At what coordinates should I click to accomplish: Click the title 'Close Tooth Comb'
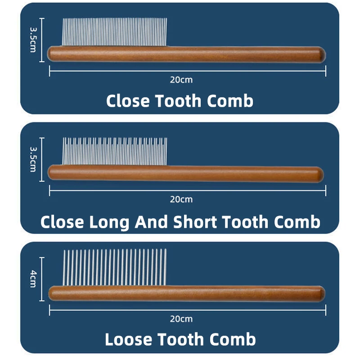[180, 101]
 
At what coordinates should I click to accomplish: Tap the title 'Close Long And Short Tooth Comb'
[180, 222]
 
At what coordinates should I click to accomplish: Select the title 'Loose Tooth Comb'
[180, 339]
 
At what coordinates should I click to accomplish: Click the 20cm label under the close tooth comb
[181, 80]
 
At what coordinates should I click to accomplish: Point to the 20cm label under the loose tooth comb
[181, 319]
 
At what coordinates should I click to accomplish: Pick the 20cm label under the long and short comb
[181, 199]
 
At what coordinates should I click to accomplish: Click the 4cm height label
[33, 279]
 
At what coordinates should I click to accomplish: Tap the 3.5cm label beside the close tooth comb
[33, 40]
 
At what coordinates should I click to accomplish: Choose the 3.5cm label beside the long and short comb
[33, 159]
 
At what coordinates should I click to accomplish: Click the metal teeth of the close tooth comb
[115, 32]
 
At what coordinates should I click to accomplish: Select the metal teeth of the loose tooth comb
[115, 267]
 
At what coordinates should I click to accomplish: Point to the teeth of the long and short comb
[115, 151]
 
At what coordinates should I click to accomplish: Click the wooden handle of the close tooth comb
[186, 54]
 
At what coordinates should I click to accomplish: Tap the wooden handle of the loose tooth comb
[186, 294]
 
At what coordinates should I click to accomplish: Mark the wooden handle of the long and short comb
[185, 174]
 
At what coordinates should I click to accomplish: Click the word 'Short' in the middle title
[195, 222]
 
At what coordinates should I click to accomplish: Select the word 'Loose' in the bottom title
[129, 339]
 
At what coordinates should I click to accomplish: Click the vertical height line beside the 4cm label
[42, 279]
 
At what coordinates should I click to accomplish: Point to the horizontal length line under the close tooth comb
[188, 71]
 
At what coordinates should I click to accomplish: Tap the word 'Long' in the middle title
[109, 222]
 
